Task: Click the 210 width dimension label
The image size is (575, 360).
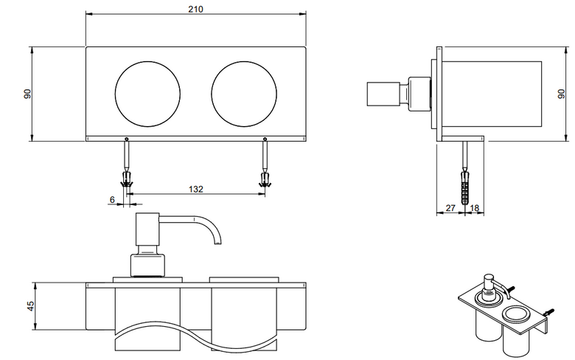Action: pos(196,9)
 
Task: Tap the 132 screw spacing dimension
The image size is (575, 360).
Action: pos(196,189)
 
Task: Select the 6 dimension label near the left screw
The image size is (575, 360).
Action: pos(112,200)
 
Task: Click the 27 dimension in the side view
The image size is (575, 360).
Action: pos(450,208)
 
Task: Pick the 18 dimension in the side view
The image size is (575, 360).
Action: pos(475,208)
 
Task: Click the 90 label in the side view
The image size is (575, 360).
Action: pos(561,94)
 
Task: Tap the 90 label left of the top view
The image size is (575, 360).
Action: pos(27,94)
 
